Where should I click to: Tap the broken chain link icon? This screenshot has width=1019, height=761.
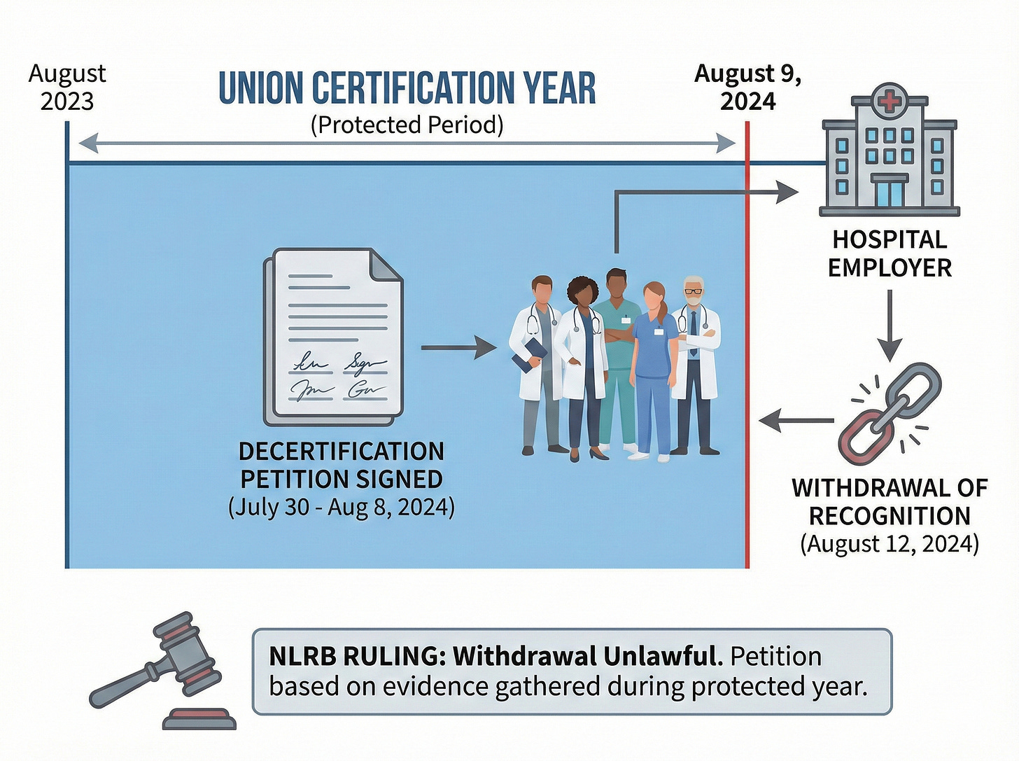890,414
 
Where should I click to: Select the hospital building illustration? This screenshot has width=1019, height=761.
889,153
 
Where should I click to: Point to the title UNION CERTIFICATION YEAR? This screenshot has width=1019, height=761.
407,88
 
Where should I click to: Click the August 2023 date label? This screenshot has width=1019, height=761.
67,88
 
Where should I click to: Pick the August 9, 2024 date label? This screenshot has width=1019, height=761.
748,88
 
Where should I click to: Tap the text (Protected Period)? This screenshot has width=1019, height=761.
407,125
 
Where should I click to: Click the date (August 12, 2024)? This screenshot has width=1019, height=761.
890,544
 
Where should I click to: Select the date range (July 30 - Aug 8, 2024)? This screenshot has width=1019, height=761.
342,507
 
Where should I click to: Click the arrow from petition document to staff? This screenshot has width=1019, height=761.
458,347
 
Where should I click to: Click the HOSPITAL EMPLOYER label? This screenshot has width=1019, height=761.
890,253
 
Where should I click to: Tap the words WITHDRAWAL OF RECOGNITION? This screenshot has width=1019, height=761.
890,502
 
